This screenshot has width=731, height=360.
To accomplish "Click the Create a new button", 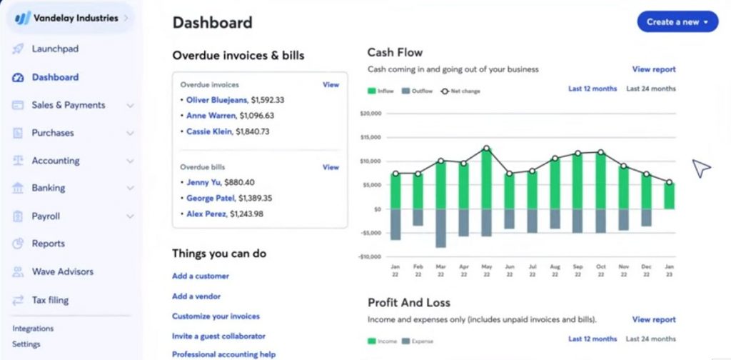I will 677,21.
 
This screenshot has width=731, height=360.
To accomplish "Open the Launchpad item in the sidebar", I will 55,49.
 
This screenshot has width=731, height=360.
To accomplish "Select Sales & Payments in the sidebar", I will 68,105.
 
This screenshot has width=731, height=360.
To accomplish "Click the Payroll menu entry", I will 46,216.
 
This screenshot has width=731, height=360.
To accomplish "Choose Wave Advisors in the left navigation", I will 62,271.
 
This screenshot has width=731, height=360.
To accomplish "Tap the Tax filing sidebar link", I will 50,300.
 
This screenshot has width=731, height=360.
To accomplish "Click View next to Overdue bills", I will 331,167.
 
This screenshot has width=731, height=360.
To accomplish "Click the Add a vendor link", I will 196,296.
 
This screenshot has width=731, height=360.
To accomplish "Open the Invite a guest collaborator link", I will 218,336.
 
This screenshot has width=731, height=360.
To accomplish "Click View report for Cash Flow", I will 653,69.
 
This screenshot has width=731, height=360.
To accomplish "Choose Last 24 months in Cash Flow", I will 650,89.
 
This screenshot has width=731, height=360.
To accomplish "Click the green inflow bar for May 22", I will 486,179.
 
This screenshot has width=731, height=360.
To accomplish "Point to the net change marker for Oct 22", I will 600,152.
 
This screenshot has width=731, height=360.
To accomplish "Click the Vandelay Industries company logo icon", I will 23,19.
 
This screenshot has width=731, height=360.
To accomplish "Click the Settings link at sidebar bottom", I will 26,344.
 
